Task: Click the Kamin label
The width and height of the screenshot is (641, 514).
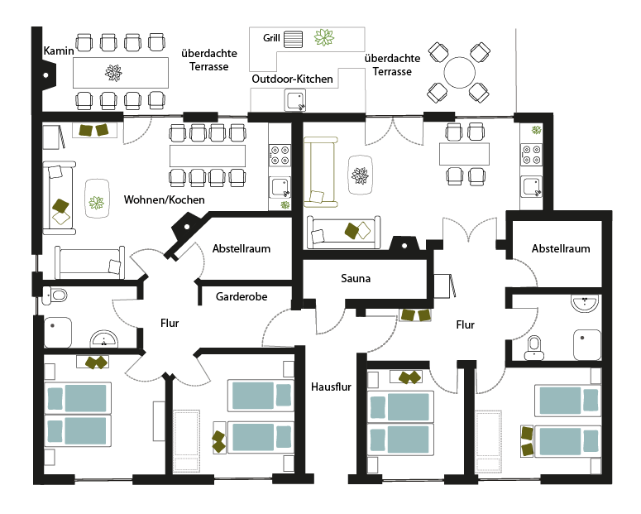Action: coord(60,50)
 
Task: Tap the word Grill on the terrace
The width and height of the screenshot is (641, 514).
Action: coord(271,38)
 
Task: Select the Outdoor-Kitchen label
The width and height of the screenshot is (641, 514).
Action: coord(293,79)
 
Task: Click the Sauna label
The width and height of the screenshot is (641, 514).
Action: coord(356,279)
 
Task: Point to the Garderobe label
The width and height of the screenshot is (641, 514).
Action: coord(242,296)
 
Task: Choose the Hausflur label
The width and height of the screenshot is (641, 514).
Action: coord(330,387)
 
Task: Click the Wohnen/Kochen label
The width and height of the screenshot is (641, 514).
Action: coord(165,200)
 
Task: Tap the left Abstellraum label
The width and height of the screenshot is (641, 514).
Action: coord(242,248)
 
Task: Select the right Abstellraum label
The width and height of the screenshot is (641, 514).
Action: coord(561,248)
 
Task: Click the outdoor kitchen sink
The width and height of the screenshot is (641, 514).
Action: coord(294,101)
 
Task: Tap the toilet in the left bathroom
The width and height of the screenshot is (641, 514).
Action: coord(58,294)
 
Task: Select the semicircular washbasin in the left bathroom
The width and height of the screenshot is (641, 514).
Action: coord(104,339)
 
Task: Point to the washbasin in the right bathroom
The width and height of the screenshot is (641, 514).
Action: coord(584,305)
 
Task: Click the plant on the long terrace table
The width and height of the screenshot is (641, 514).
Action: coord(113,74)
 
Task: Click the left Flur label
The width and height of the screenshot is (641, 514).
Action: coord(169,324)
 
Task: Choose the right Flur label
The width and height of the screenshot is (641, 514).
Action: coord(466,325)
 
